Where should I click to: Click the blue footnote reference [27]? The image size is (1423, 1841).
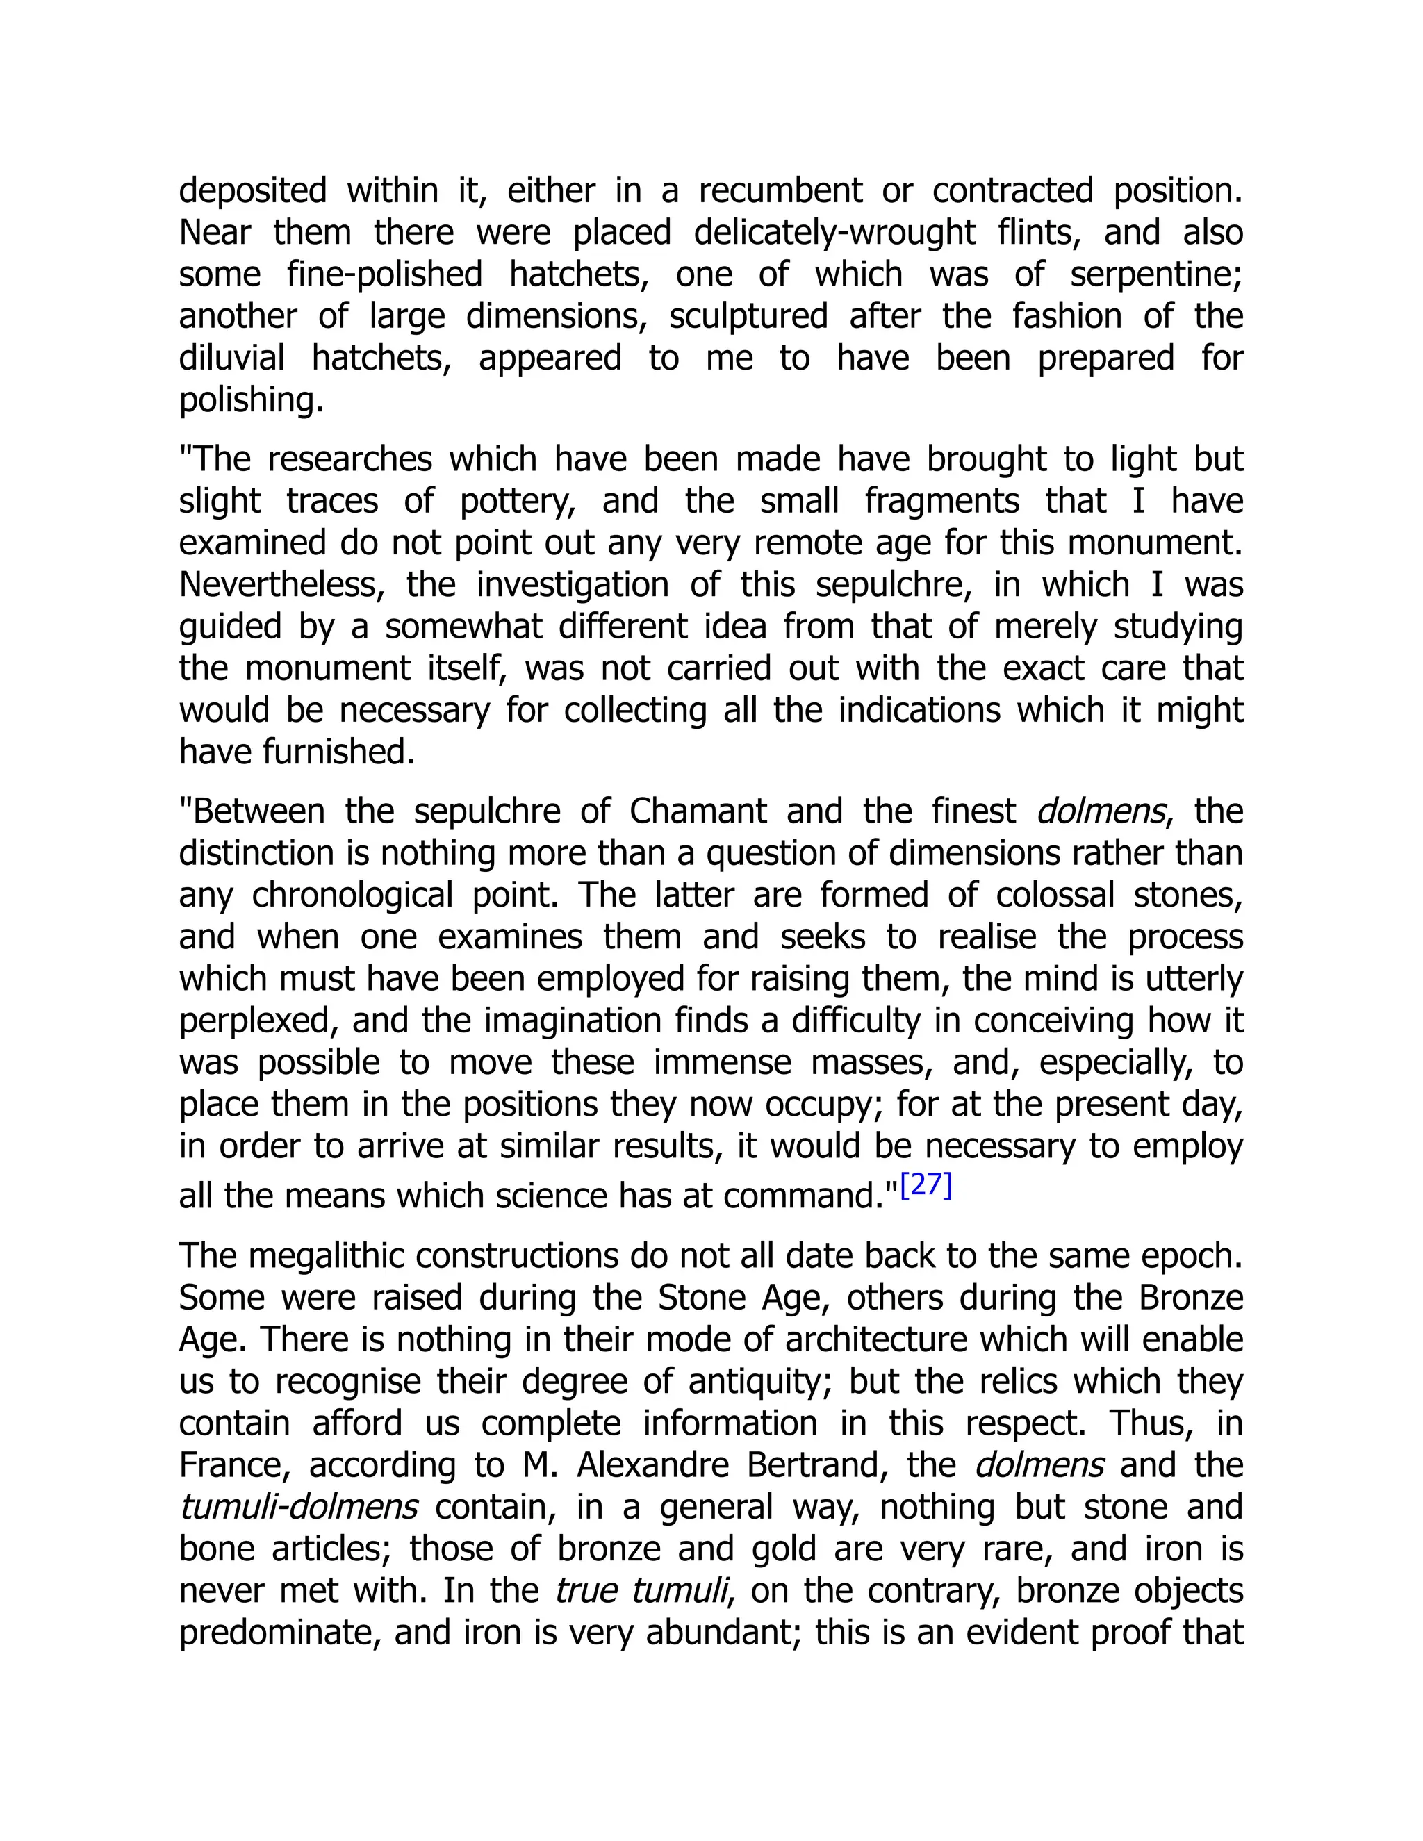[x=926, y=1185]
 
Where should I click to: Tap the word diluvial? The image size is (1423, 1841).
[x=232, y=358]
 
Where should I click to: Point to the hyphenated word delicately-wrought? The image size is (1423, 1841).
[x=834, y=233]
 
